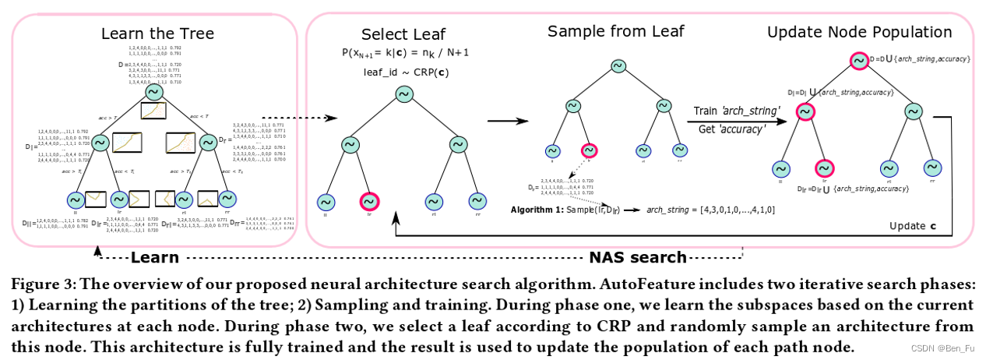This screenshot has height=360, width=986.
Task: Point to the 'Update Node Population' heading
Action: [859, 33]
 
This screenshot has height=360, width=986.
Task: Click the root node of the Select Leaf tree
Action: [403, 94]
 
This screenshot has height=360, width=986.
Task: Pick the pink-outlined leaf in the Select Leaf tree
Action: [369, 201]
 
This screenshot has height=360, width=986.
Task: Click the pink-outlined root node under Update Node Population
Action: [857, 61]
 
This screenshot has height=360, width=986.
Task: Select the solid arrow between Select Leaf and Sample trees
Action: [504, 122]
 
